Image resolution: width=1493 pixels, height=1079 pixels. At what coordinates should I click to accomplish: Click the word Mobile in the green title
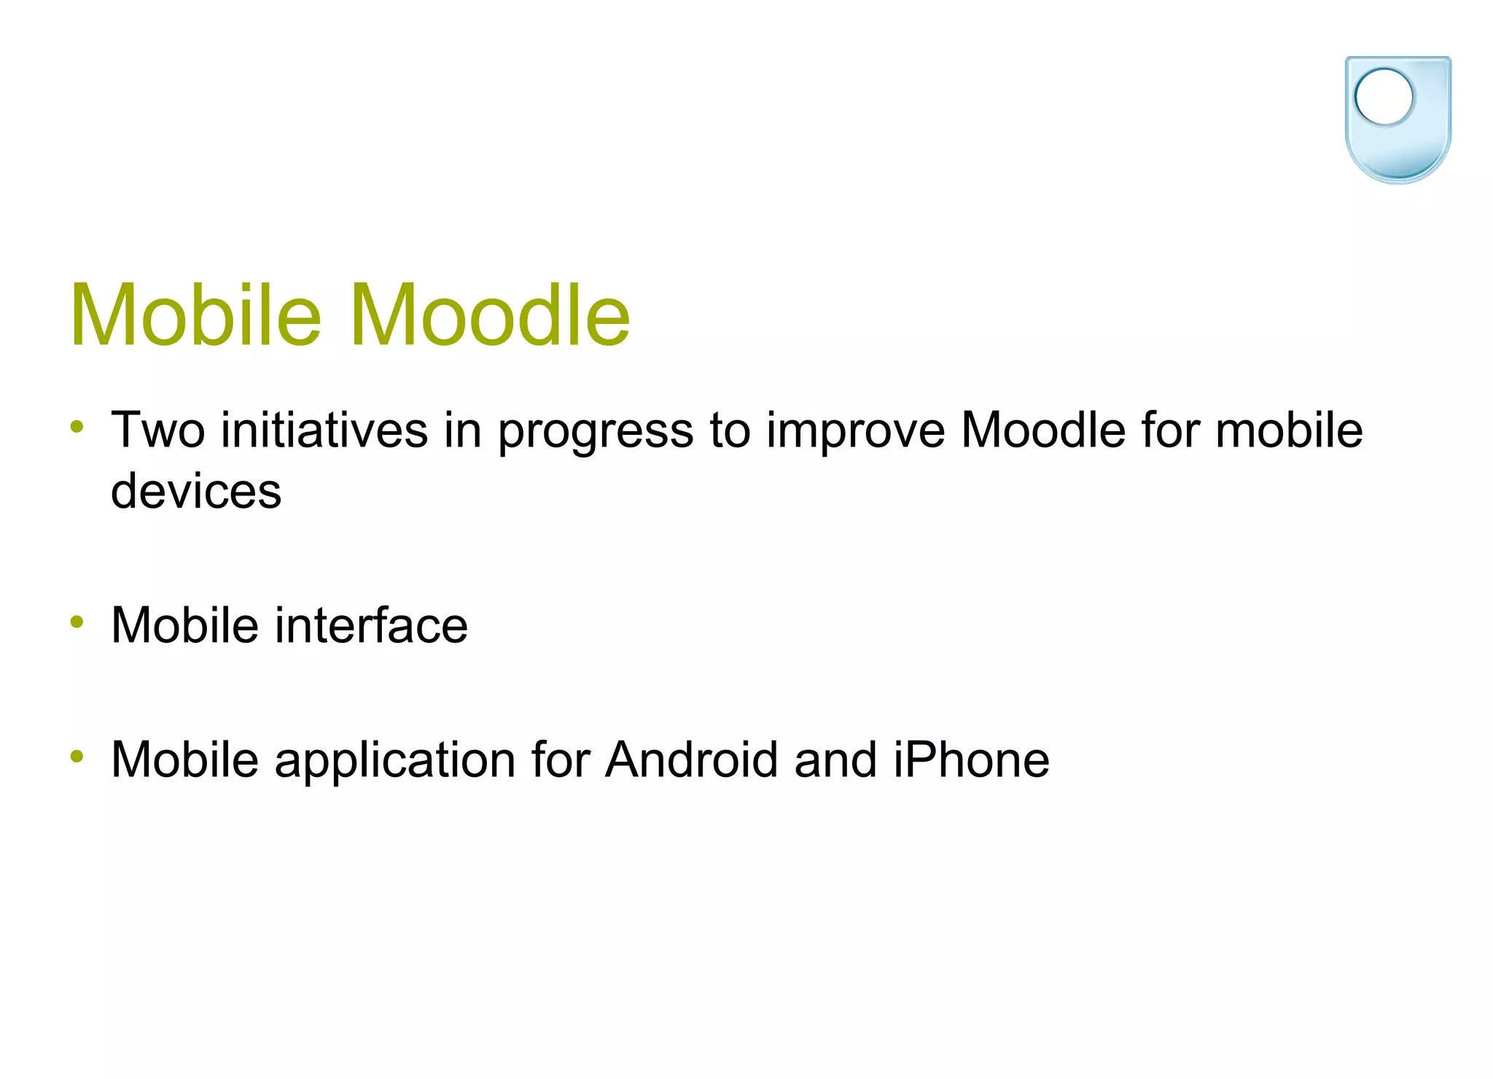click(195, 315)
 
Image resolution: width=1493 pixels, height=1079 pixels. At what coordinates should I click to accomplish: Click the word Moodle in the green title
click(490, 315)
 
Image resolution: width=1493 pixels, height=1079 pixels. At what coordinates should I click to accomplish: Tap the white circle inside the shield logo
click(1383, 96)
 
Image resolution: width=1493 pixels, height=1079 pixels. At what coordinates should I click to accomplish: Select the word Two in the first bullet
click(157, 430)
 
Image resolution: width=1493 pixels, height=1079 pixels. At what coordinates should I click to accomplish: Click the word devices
click(195, 490)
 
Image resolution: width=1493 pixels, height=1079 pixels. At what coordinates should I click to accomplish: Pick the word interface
click(371, 625)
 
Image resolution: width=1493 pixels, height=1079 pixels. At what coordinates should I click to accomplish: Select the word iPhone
click(971, 759)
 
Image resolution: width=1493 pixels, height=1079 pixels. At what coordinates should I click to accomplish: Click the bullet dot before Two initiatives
click(77, 426)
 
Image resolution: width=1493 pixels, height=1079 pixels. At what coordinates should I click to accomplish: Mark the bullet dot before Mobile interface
click(77, 622)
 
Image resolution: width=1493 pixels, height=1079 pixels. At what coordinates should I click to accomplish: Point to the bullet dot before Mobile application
click(77, 757)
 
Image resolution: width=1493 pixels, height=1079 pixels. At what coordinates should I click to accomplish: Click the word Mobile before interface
click(184, 625)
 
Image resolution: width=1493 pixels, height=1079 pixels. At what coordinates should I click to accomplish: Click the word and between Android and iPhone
click(835, 759)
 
